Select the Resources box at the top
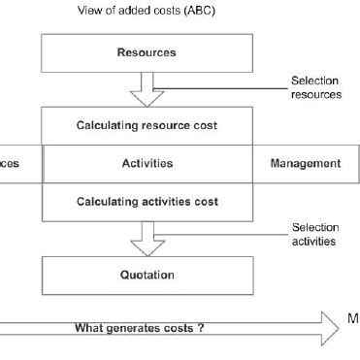pyautogui.click(x=146, y=52)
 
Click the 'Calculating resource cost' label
pyautogui.click(x=146, y=126)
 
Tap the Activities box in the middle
pyautogui.click(x=146, y=163)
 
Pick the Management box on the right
pyautogui.click(x=305, y=163)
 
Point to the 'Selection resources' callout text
pyautogui.click(x=316, y=88)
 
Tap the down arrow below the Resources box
pyautogui.click(x=146, y=90)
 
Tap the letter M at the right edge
pyautogui.click(x=353, y=317)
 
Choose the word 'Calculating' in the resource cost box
pyautogui.click(x=109, y=126)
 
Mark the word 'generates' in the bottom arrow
pyautogui.click(x=137, y=329)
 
